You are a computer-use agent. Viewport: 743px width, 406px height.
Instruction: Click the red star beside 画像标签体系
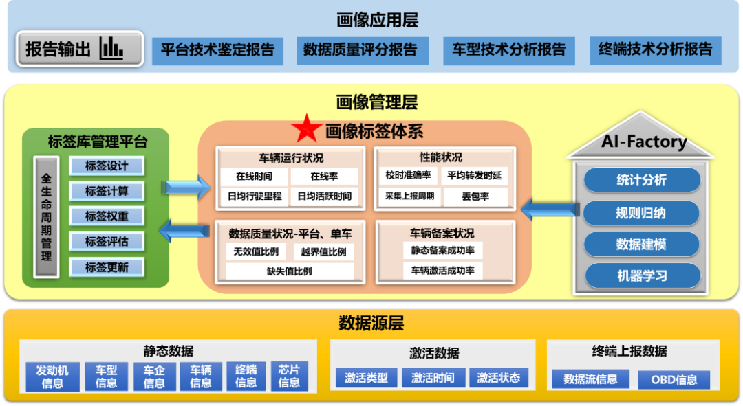305,128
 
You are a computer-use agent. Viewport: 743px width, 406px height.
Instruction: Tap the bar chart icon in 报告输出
111,48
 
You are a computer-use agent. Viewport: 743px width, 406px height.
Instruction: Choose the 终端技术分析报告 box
656,50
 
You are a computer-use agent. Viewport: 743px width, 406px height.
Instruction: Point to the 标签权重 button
107,216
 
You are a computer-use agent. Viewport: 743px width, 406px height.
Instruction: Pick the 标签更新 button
107,267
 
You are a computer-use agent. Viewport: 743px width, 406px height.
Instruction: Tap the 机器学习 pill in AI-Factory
641,276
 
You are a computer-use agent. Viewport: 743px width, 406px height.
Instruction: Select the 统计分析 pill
641,181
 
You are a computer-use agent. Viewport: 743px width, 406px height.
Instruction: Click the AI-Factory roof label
644,142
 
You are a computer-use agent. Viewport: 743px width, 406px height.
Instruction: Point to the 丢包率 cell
475,196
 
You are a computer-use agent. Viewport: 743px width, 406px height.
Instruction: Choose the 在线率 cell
324,176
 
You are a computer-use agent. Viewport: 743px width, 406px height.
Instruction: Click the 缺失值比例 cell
290,271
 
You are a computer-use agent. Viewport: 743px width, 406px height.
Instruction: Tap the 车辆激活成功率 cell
443,271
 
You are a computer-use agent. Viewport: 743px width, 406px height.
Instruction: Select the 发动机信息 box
52,376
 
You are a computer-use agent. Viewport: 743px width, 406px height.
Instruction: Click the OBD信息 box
674,379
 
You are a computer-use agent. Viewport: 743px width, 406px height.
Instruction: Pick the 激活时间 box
433,378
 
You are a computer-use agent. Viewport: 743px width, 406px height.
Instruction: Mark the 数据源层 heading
371,323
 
